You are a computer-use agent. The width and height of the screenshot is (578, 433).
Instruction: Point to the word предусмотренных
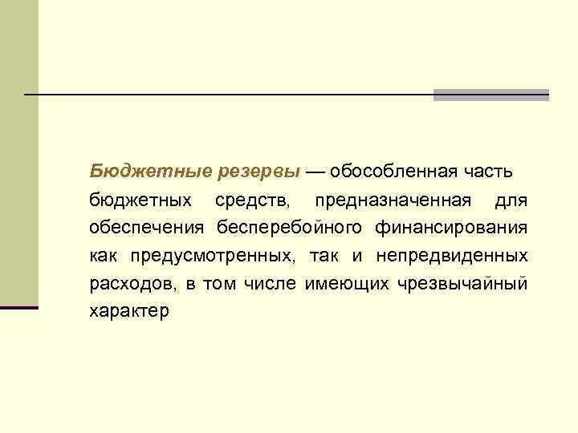pos(201,256)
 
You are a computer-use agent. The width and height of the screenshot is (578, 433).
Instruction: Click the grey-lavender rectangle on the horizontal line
pos(490,95)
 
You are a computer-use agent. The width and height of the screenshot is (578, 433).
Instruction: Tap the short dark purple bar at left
pos(18,307)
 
